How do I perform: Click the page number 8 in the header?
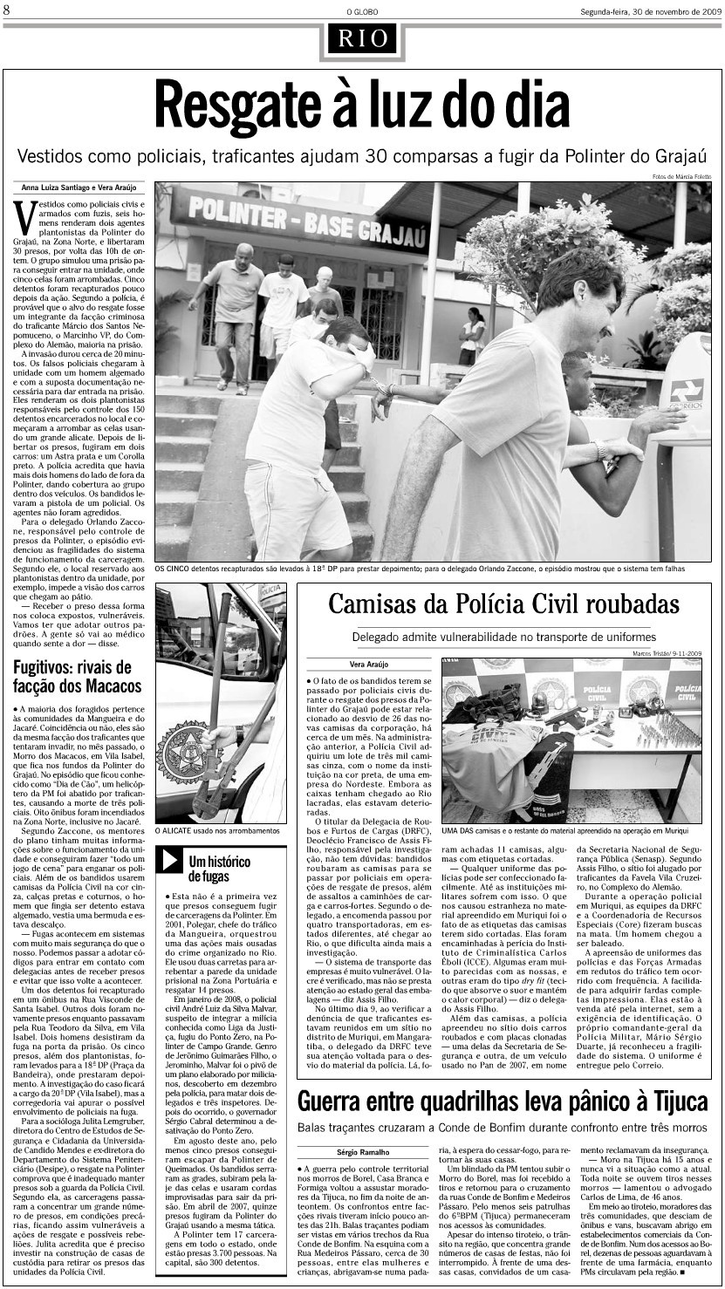[x=7, y=10]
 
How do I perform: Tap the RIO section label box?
[x=362, y=38]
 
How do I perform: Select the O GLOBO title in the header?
[x=362, y=10]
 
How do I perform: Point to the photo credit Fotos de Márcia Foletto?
[x=681, y=177]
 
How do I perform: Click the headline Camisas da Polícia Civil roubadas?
[x=503, y=604]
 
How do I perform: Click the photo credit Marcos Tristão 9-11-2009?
[x=667, y=653]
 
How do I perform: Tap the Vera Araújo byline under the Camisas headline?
[x=343, y=664]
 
